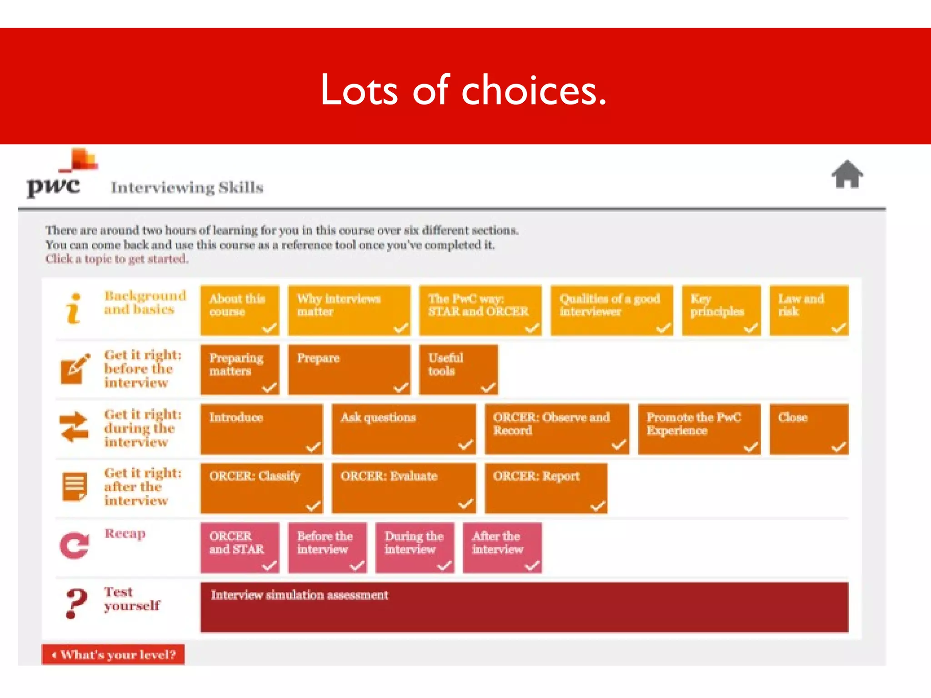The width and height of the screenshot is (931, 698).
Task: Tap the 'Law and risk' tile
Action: pos(809,310)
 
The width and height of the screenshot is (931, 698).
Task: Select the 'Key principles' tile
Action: pos(721,310)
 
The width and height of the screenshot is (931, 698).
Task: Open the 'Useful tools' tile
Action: pos(458,369)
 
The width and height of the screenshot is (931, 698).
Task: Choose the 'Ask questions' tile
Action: pos(404,429)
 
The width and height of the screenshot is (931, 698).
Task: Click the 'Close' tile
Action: pos(809,429)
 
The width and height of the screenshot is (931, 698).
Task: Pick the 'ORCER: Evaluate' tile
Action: pos(404,488)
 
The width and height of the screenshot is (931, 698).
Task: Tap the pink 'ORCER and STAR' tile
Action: pos(240,547)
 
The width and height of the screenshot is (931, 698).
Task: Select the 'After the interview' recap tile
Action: pos(502,547)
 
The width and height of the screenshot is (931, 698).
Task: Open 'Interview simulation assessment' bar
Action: pos(524,607)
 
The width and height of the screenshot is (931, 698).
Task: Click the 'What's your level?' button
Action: pos(113,654)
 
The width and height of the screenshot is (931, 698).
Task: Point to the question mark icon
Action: pos(75,603)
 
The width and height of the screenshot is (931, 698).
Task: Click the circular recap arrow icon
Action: pos(74,545)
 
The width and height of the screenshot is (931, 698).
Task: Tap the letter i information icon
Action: pos(74,309)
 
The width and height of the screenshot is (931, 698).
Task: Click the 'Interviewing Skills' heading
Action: pos(187,188)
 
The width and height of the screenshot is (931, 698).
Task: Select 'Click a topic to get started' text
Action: pos(116,259)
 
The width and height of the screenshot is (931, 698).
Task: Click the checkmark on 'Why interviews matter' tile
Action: pos(400,328)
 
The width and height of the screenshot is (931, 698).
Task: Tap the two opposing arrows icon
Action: pos(74,427)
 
